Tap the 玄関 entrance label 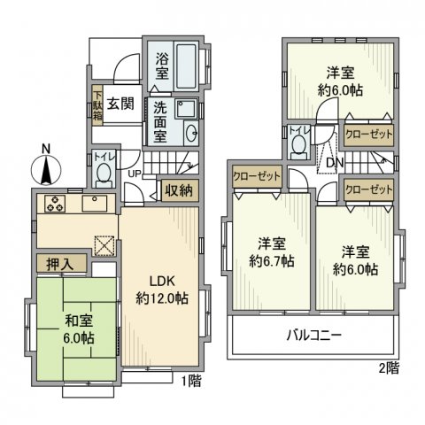120,102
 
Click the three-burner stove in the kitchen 54,203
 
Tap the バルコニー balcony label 313,336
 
